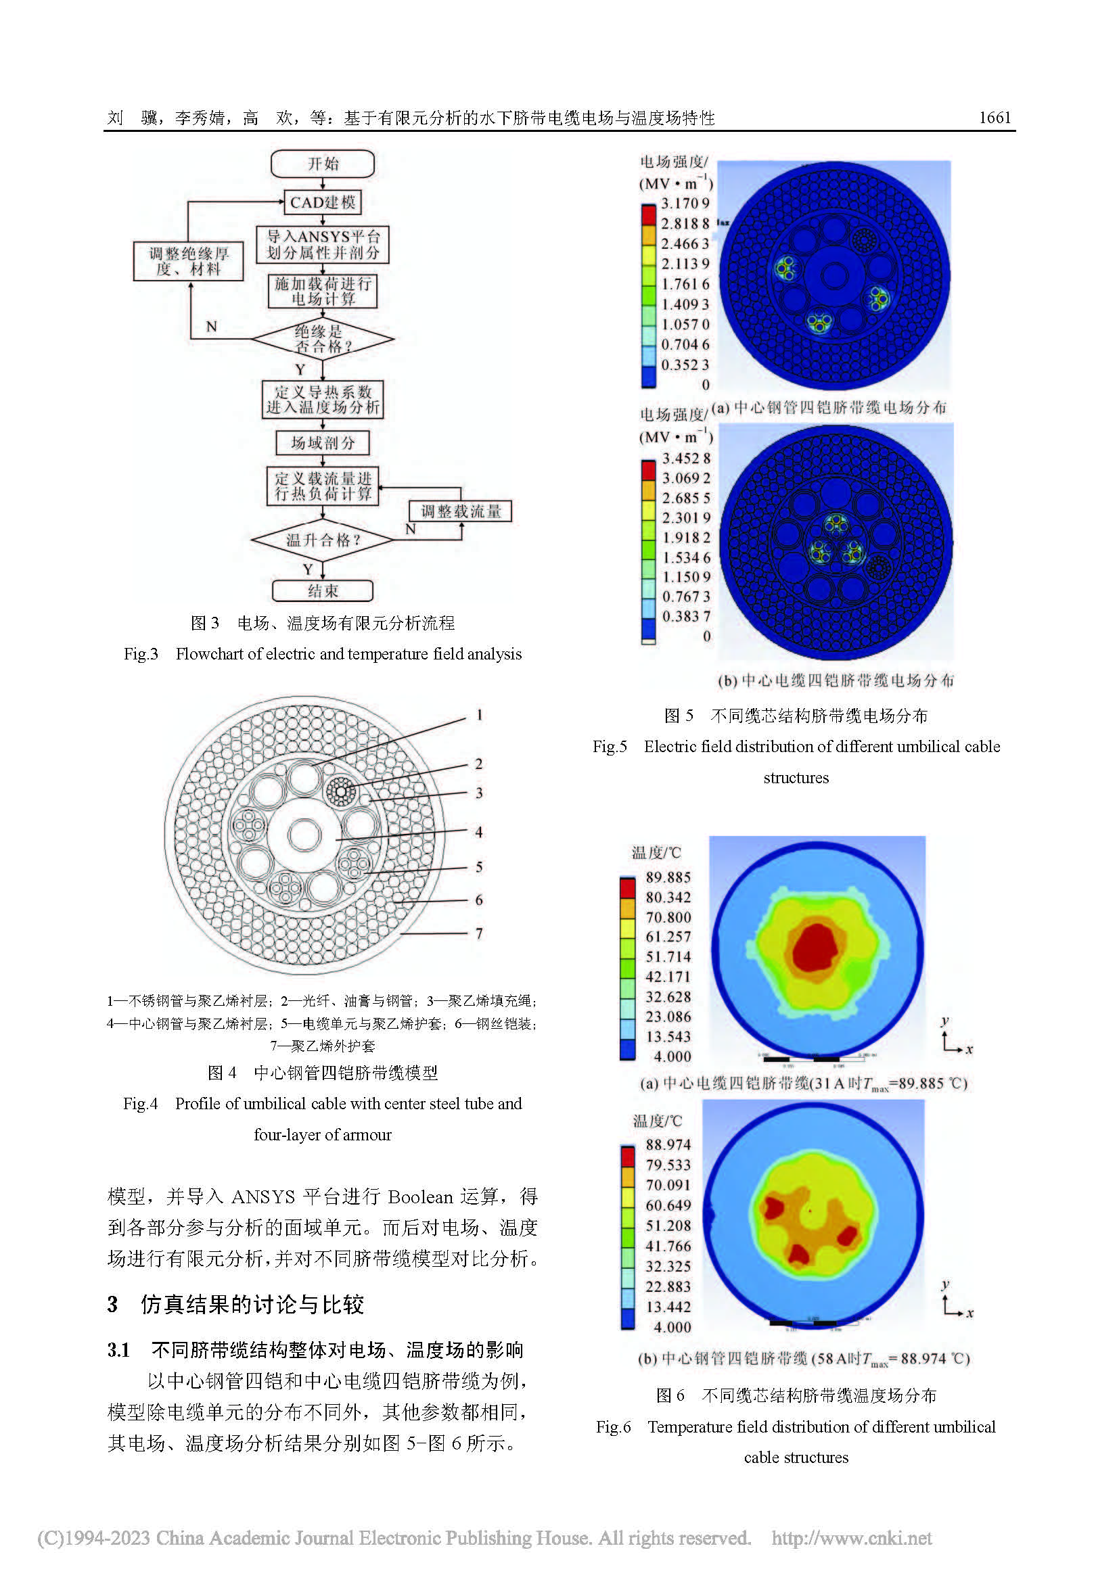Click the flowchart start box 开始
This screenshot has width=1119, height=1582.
point(323,164)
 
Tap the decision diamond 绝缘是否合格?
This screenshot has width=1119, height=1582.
point(323,339)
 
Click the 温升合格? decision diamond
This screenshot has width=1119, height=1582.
point(323,540)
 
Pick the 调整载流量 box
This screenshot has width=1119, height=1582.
point(460,511)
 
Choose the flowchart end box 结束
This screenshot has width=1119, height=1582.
point(323,591)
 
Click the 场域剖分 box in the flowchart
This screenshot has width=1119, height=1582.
point(323,443)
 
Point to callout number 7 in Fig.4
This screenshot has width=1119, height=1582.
point(479,933)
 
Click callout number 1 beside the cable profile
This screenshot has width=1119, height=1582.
point(479,715)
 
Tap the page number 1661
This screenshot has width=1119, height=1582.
point(995,118)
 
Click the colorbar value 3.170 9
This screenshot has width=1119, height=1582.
point(685,204)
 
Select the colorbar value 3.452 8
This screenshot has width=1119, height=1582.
point(686,458)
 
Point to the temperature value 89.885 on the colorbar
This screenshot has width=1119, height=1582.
point(668,877)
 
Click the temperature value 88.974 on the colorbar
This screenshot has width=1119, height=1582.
point(668,1144)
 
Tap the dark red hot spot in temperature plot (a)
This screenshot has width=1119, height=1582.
point(816,948)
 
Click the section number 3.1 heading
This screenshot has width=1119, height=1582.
point(118,1350)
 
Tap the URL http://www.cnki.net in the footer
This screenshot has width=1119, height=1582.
point(851,1539)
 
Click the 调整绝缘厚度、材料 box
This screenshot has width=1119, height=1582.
point(188,261)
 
